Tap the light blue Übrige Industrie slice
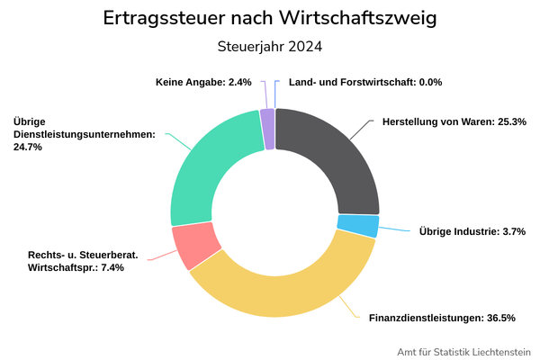pyautogui.click(x=358, y=226)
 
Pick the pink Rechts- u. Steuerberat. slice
pyautogui.click(x=194, y=245)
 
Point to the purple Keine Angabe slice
pyautogui.click(x=267, y=130)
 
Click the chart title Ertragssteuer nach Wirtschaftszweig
pyautogui.click(x=270, y=18)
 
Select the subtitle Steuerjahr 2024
pyautogui.click(x=270, y=47)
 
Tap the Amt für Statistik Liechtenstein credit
pyautogui.click(x=463, y=352)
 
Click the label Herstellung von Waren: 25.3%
pyautogui.click(x=454, y=121)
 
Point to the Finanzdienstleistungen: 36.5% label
pyautogui.click(x=442, y=318)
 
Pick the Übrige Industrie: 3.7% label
pyautogui.click(x=472, y=231)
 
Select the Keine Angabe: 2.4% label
pyautogui.click(x=203, y=82)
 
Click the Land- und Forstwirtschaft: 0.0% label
pyautogui.click(x=365, y=82)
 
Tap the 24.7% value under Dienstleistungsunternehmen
pyautogui.click(x=28, y=147)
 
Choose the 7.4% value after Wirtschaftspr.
pyautogui.click(x=112, y=267)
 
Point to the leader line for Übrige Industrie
pyautogui.click(x=394, y=229)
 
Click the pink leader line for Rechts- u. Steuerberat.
pyautogui.click(x=162, y=256)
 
